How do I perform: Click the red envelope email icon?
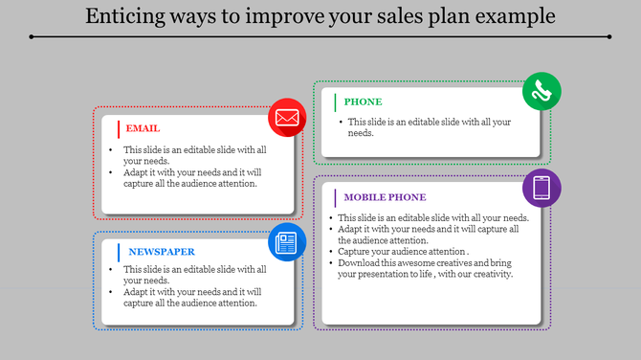coord(286,118)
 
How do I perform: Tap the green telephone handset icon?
coord(542,91)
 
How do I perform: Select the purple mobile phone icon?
coord(542,188)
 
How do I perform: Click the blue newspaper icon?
coord(286,241)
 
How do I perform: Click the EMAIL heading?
coord(143,128)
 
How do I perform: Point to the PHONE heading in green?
coord(363,101)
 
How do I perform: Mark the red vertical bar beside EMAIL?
coord(118,128)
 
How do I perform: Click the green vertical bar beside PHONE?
coord(335,101)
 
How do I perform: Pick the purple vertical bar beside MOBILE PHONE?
coord(335,197)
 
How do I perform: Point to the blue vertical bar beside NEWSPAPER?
coord(118,252)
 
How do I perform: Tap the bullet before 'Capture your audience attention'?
coord(330,252)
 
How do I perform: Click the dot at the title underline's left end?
coord(32,36)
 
